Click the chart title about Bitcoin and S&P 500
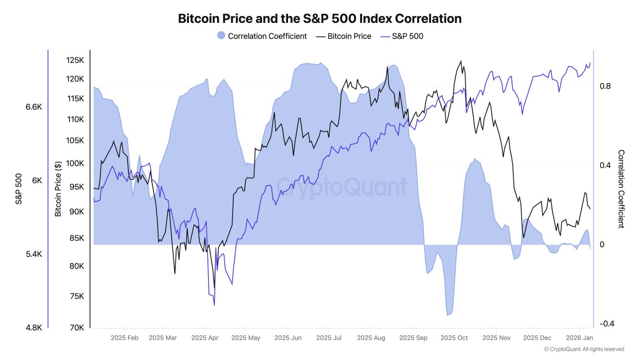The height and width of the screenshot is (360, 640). (x=320, y=18)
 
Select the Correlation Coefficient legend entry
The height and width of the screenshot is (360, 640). (x=262, y=36)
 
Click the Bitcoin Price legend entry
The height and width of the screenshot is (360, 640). (x=344, y=36)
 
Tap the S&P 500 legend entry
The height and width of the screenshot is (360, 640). (x=402, y=36)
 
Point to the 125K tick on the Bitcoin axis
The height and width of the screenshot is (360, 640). (x=75, y=60)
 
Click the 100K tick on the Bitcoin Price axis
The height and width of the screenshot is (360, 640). (x=75, y=163)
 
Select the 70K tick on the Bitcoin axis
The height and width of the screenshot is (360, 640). (x=76, y=328)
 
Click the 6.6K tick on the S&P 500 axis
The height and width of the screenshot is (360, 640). (x=34, y=107)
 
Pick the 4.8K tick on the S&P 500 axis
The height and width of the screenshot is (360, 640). (x=34, y=328)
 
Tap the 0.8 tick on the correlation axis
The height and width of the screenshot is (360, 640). (x=605, y=86)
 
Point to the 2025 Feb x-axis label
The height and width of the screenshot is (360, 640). (x=124, y=338)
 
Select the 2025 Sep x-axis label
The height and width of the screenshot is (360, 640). (x=413, y=338)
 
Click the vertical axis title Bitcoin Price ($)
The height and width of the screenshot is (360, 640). (x=58, y=189)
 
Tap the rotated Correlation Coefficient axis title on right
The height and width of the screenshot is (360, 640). (x=621, y=189)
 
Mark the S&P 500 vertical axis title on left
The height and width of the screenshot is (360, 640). (x=19, y=189)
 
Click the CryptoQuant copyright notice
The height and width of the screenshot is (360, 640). (x=584, y=349)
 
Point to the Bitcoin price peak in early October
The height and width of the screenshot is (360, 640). (x=461, y=61)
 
